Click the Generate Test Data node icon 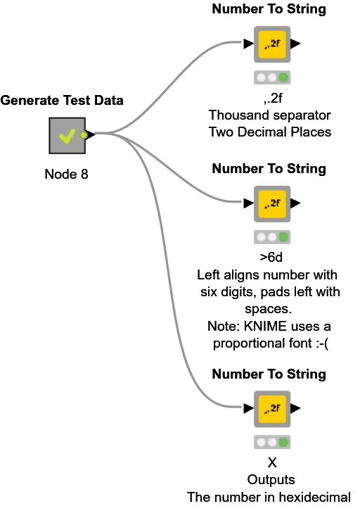tap(67, 135)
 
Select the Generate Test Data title tap(62, 101)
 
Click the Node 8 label tap(67, 174)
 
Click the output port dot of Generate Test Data tap(84, 134)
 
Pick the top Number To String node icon tap(271, 44)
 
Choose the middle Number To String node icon tap(271, 203)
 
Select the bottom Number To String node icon tap(271, 408)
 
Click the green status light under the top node tap(283, 77)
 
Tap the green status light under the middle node tap(283, 236)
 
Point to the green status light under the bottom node tap(283, 442)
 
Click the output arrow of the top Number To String tap(295, 44)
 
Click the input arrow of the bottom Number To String tap(248, 408)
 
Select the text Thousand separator tap(270, 114)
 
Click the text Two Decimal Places tap(270, 132)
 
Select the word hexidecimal tap(314, 497)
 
